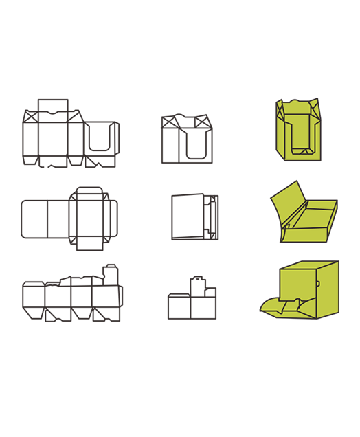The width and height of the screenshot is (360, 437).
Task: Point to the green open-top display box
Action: (x=299, y=131)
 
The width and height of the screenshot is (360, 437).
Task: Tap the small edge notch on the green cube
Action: (x=317, y=282)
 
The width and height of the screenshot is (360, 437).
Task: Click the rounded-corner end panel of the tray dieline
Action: (x=34, y=219)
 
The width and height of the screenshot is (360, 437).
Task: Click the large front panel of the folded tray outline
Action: (x=188, y=216)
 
